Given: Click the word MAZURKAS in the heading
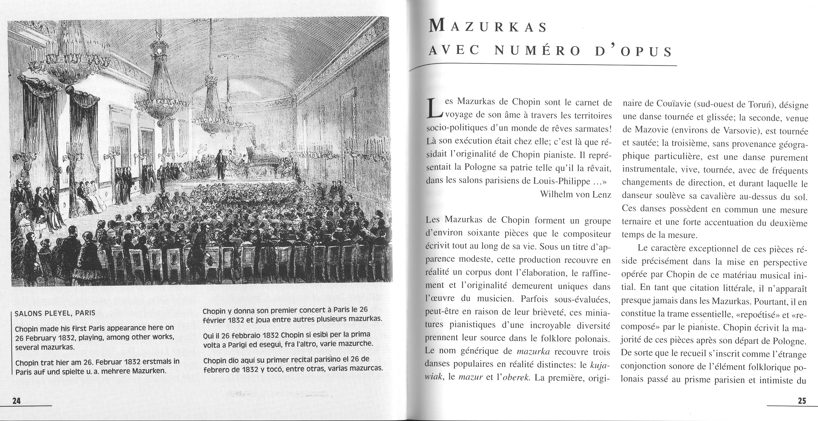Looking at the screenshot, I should pyautogui.click(x=488, y=27).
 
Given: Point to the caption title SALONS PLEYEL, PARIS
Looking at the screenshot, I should pyautogui.click(x=55, y=313).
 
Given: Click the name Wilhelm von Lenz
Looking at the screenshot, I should pyautogui.click(x=575, y=194).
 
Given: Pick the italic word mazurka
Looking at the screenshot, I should pyautogui.click(x=533, y=351).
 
